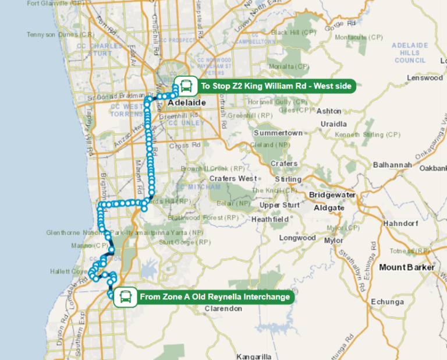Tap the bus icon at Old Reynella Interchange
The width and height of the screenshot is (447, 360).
pos(125,297)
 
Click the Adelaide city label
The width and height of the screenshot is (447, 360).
pos(187,103)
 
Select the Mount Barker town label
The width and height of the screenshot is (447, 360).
pos(407,267)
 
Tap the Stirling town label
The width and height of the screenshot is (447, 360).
pos(288,179)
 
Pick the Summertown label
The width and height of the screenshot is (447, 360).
pos(278,133)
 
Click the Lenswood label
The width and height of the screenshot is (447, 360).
pos(425,77)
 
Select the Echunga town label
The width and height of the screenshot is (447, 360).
pos(386,302)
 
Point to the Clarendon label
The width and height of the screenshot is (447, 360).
pos(223,309)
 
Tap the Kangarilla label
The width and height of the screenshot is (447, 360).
pos(254,356)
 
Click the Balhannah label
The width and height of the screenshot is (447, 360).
pos(393,164)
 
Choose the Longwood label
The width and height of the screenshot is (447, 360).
pos(297,238)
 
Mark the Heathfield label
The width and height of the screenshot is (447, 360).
pos(269,219)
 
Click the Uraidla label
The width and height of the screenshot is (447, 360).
pos(333,124)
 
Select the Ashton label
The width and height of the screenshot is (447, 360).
pos(329,110)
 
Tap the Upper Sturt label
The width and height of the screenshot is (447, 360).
pos(280,205)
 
